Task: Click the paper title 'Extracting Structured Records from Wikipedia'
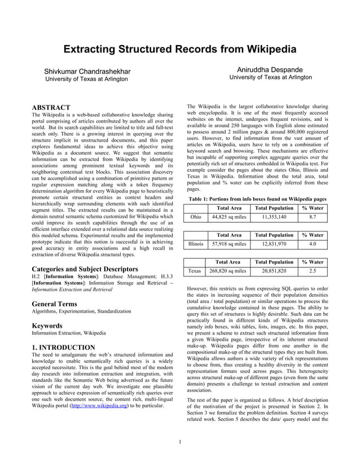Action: [x=179, y=49]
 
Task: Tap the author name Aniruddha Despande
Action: [x=270, y=69]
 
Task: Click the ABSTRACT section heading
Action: [x=50, y=107]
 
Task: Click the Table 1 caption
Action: [x=257, y=199]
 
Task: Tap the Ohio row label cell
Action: [x=196, y=216]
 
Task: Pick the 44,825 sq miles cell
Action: [x=229, y=216]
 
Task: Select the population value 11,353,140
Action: [x=274, y=216]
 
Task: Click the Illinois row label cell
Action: [x=196, y=244]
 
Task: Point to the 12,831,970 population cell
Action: [x=274, y=244]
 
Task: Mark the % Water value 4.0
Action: [x=313, y=244]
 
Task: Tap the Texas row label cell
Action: [x=195, y=271]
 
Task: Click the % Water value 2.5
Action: [x=313, y=271]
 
